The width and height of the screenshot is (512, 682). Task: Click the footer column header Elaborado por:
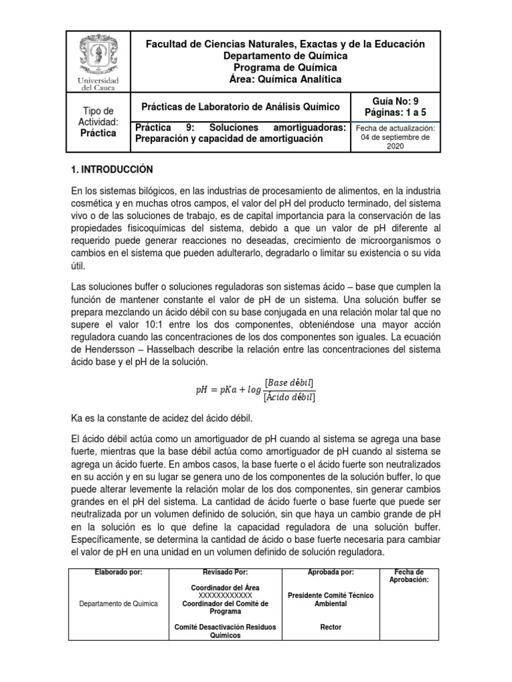[119, 572]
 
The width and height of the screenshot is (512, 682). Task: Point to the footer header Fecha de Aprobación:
[409, 576]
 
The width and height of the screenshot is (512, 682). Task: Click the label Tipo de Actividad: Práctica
[98, 122]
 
